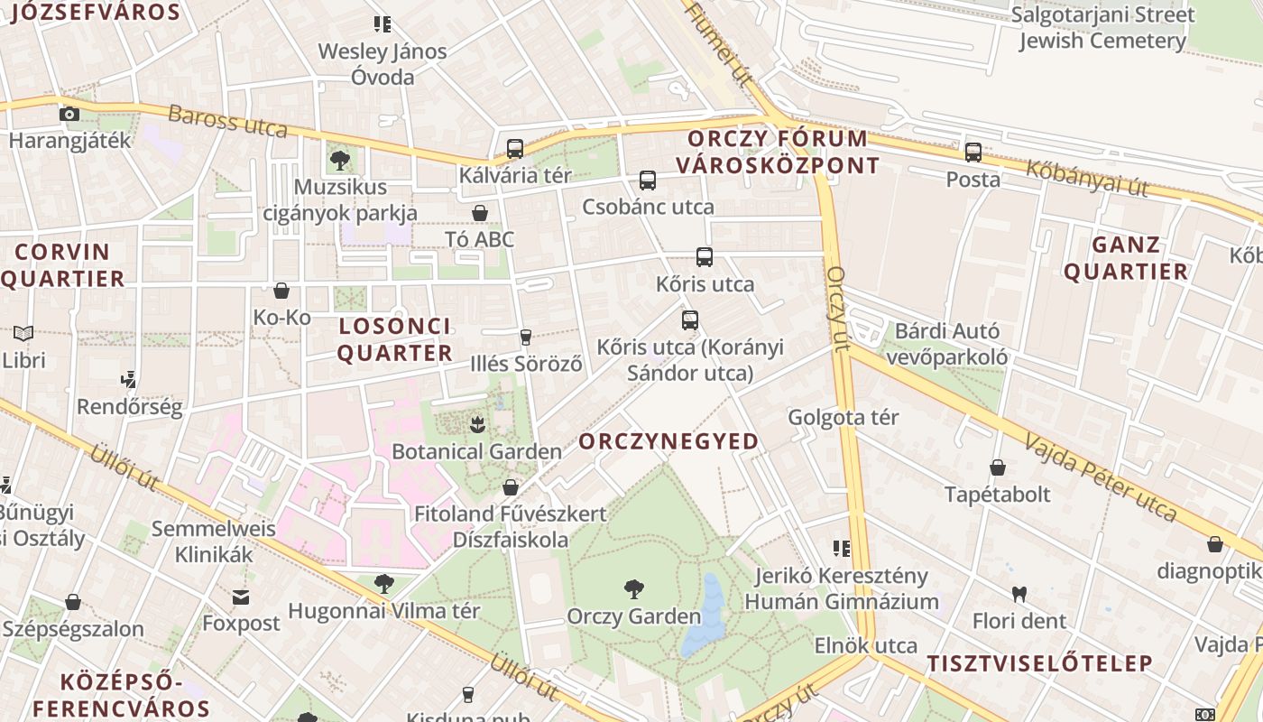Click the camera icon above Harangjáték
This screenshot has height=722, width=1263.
[x=69, y=114]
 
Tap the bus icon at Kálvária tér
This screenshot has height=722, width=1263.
[x=515, y=149]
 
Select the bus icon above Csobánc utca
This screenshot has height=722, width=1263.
[x=648, y=180]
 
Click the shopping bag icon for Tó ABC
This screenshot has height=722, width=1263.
[x=480, y=213]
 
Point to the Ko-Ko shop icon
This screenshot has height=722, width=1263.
[x=281, y=291]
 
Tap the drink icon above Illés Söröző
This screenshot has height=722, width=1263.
[x=525, y=338]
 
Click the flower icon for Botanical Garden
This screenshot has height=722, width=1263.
[x=477, y=423]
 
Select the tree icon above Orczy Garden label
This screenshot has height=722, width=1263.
[x=634, y=589]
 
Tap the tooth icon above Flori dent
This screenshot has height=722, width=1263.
[x=1019, y=594]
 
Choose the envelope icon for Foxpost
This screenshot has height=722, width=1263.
[x=241, y=597]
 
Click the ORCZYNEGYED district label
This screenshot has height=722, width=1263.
[x=668, y=441]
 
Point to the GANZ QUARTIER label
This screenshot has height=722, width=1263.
[x=1126, y=258]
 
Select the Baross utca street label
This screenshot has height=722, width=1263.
[x=227, y=122]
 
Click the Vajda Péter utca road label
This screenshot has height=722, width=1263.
[x=1101, y=477]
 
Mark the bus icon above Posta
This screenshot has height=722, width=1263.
[x=973, y=153]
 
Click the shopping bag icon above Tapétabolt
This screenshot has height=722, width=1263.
[x=998, y=467]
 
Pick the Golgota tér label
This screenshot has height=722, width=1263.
[x=844, y=417]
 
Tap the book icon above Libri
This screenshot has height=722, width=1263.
[x=23, y=333]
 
